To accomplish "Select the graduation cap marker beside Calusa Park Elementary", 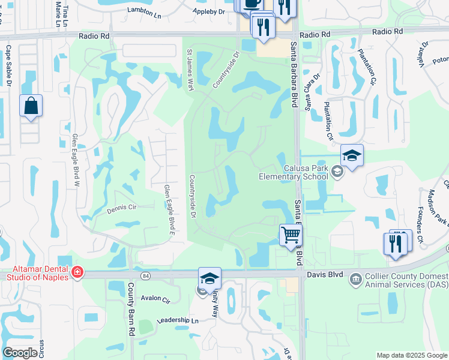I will click(352, 156).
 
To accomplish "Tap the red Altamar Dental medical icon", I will click(76, 273).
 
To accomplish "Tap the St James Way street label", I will click(190, 70).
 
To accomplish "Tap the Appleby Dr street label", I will click(208, 11).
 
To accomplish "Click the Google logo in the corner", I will click(20, 353).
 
